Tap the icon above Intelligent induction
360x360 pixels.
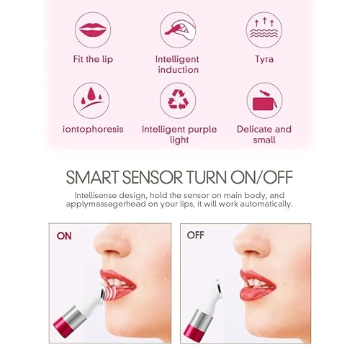point(177,30)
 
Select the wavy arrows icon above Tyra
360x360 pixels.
point(264,30)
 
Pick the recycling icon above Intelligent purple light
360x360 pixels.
point(177,100)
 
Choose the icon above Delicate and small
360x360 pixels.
point(264,100)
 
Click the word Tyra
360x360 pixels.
point(264,58)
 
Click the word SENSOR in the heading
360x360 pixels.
point(163,177)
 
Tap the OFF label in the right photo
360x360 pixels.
point(196,235)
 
